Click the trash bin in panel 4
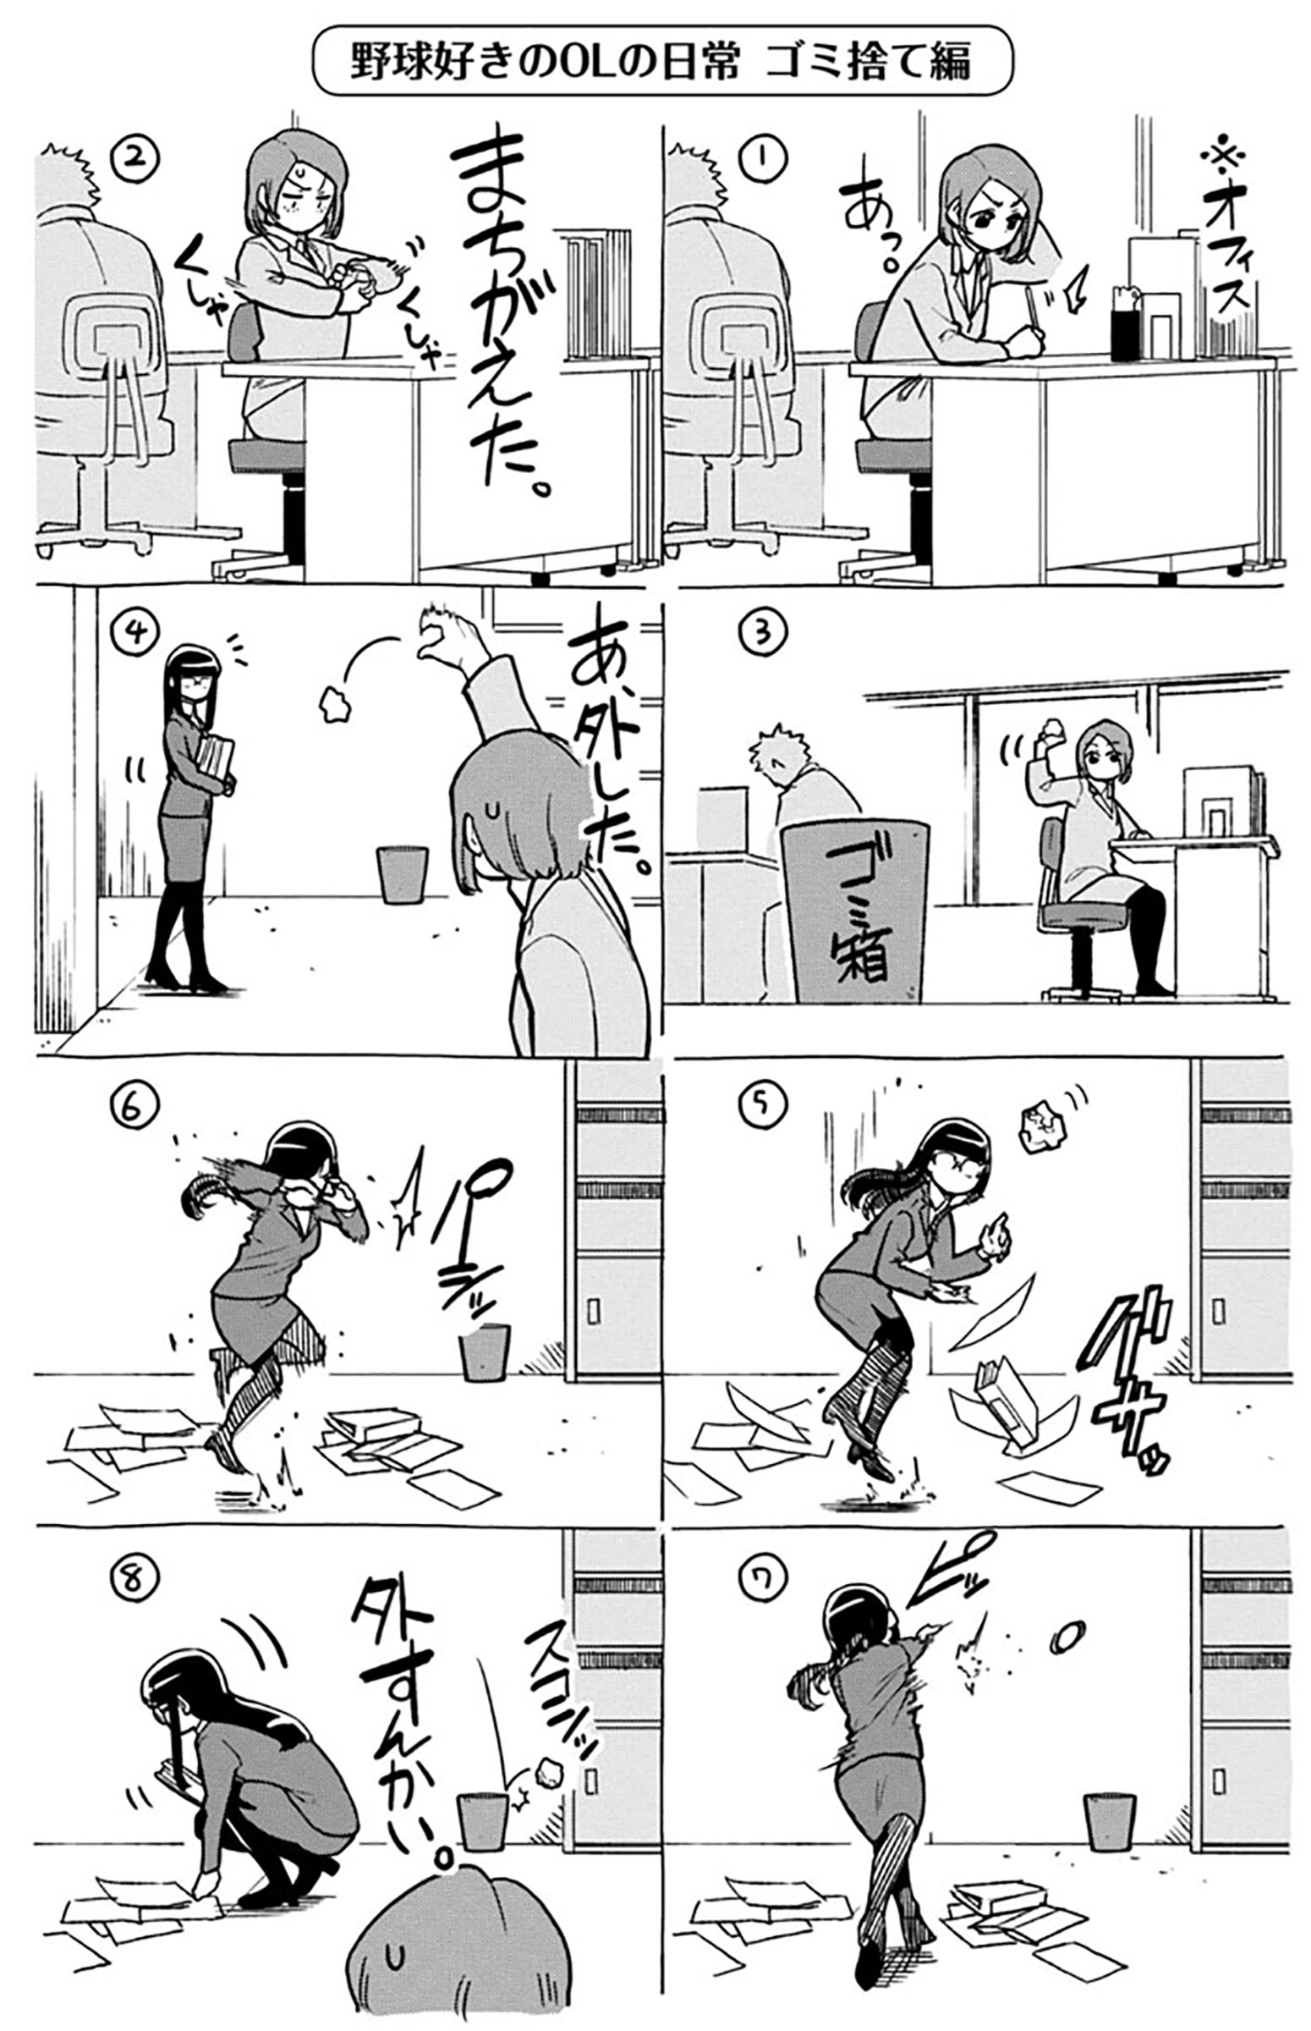402,873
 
